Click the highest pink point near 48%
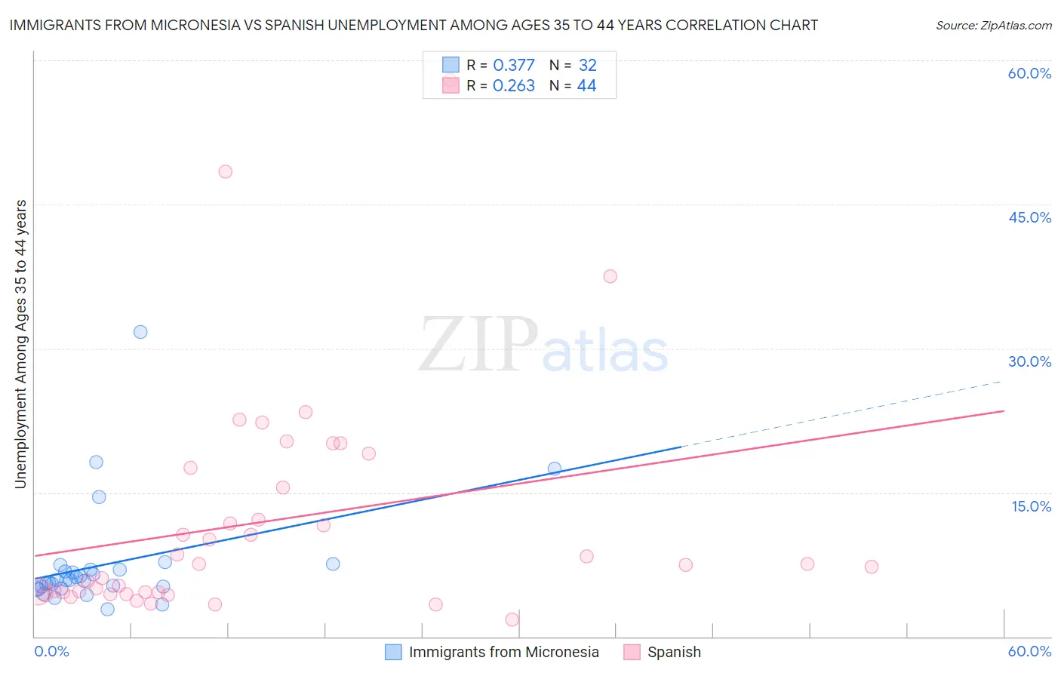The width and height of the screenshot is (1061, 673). click(225, 171)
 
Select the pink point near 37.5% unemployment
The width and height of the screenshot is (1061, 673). click(610, 276)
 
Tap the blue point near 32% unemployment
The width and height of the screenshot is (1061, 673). click(140, 332)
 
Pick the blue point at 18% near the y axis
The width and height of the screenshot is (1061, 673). click(96, 462)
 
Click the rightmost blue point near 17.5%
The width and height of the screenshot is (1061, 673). click(555, 469)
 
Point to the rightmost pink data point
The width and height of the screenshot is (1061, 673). click(872, 567)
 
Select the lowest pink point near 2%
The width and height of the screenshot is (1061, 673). click(512, 619)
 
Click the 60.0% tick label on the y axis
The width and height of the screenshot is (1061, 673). click(1029, 73)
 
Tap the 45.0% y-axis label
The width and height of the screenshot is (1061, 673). click(1029, 217)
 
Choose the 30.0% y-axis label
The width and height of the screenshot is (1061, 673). click(1029, 361)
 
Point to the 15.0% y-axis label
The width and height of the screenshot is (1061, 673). click(1031, 506)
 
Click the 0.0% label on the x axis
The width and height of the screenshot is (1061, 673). click(51, 651)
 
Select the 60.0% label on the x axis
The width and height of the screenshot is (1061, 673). click(1029, 651)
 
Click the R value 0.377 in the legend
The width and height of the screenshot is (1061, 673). click(513, 66)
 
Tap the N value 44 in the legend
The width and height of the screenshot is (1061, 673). click(586, 86)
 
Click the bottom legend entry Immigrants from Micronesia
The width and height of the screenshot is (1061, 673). click(503, 652)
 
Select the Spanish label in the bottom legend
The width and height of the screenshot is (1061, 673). click(674, 652)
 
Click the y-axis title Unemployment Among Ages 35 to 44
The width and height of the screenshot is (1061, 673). click(21, 343)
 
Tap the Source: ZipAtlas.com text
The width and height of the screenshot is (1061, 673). click(993, 26)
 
